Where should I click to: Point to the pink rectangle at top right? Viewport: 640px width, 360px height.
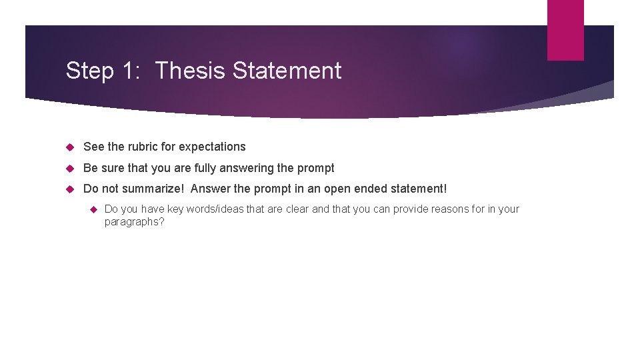click(565, 29)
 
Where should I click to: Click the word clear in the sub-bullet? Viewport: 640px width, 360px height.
click(296, 209)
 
